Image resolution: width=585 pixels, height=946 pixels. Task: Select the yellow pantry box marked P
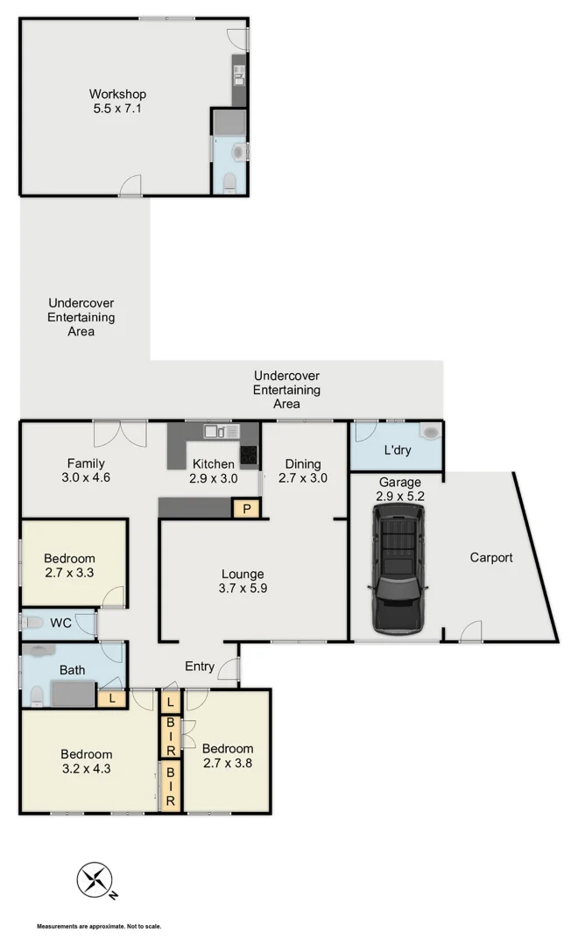246,508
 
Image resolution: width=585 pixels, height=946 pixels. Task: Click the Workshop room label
117,102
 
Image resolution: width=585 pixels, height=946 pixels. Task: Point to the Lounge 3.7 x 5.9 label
243,582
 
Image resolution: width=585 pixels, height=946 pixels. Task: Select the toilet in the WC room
32,623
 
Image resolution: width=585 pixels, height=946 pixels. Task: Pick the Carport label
491,557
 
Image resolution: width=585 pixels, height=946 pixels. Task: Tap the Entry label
200,667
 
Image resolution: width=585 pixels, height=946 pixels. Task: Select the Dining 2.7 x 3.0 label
300,471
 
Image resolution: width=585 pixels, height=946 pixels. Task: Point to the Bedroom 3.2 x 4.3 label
86,762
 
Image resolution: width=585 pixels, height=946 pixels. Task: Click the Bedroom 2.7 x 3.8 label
228,755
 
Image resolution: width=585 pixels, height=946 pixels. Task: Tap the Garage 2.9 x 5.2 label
399,489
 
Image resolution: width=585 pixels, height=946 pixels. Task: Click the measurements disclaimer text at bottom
99,926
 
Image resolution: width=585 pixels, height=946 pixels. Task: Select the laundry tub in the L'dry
429,434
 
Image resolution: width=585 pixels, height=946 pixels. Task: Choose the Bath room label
72,671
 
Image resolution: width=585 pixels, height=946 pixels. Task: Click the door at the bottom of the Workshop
130,186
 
